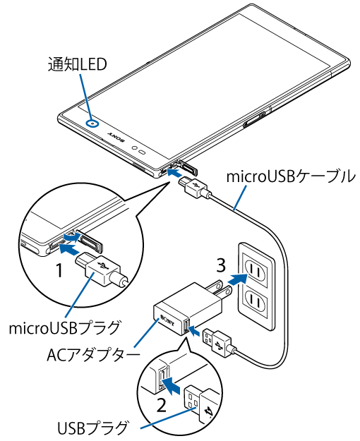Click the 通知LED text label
pyautogui.click(x=77, y=64)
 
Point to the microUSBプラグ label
pyautogui.click(x=64, y=327)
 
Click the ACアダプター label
pyautogui.click(x=93, y=355)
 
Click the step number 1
pyautogui.click(x=59, y=270)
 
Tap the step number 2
pyautogui.click(x=161, y=406)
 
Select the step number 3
pyautogui.click(x=221, y=265)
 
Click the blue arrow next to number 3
pyautogui.click(x=238, y=279)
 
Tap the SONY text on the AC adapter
pyautogui.click(x=167, y=320)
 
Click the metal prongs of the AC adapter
pyautogui.click(x=219, y=290)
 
